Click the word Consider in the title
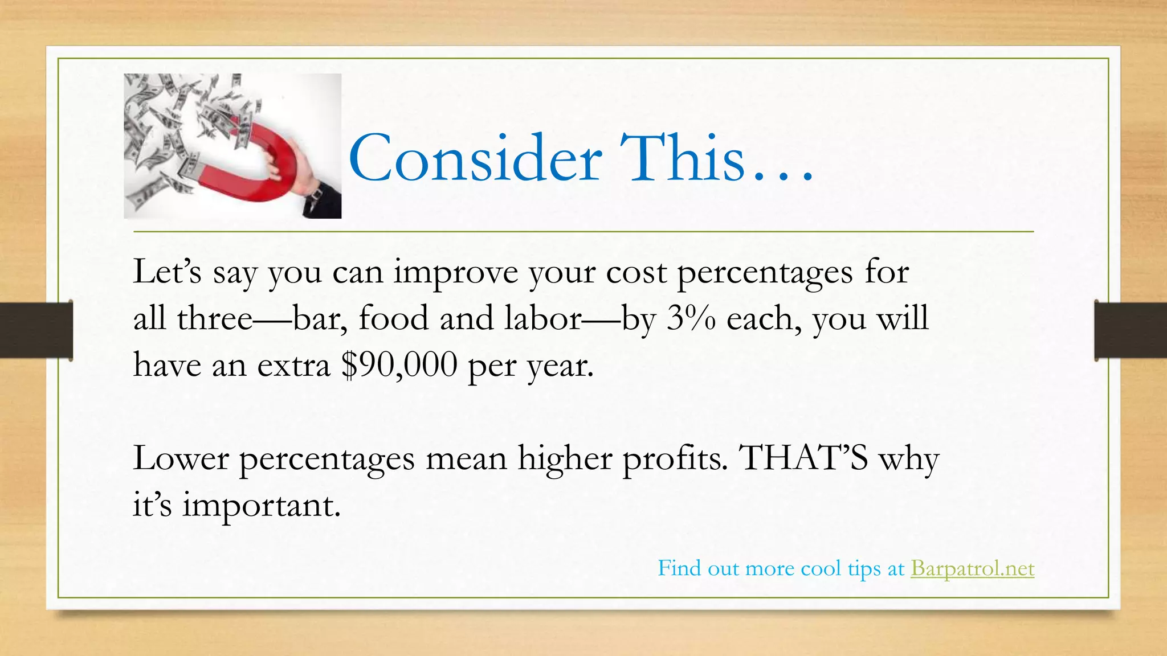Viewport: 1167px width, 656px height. (x=475, y=158)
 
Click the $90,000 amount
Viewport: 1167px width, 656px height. (x=399, y=364)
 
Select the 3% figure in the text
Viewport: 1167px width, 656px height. (x=691, y=318)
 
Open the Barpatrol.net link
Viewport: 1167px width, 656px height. (x=972, y=568)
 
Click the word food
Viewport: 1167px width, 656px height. (x=393, y=318)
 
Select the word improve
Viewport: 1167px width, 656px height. (x=456, y=272)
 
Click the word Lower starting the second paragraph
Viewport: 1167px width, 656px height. (x=181, y=458)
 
